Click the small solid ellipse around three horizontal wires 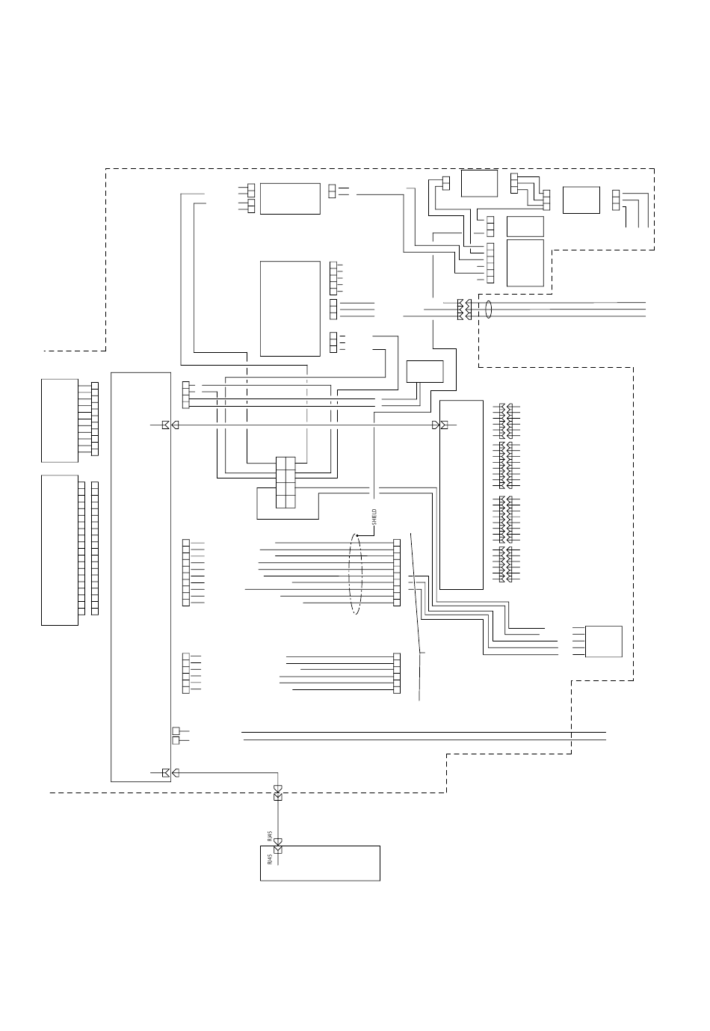pyautogui.click(x=488, y=310)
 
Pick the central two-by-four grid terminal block pyautogui.click(x=285, y=482)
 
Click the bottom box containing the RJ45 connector pyautogui.click(x=320, y=864)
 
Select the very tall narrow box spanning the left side pyautogui.click(x=141, y=576)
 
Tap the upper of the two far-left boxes pyautogui.click(x=60, y=420)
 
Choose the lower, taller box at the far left pyautogui.click(x=60, y=550)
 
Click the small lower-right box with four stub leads pyautogui.click(x=603, y=641)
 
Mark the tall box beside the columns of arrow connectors pyautogui.click(x=461, y=495)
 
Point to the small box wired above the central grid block pyautogui.click(x=425, y=372)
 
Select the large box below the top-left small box pyautogui.click(x=290, y=308)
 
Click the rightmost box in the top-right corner pyautogui.click(x=581, y=200)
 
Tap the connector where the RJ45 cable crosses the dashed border pyautogui.click(x=278, y=793)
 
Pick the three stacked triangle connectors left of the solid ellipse pyautogui.click(x=464, y=310)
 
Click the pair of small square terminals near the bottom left pyautogui.click(x=176, y=736)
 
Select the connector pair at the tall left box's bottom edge pyautogui.click(x=170, y=772)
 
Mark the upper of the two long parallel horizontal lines pyautogui.click(x=424, y=732)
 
